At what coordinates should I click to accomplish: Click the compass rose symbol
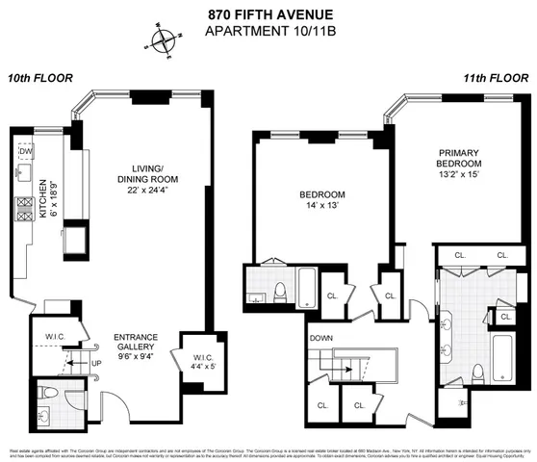point(165,40)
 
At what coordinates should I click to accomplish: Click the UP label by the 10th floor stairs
point(95,364)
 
